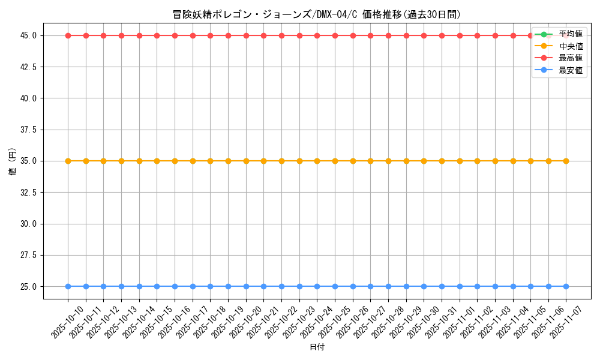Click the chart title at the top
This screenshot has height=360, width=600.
[x=316, y=14]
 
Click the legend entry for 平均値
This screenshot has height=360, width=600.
[x=570, y=34]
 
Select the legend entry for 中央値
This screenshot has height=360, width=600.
[x=570, y=46]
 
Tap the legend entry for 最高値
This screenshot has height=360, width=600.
[x=570, y=58]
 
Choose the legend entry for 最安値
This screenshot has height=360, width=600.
[x=570, y=70]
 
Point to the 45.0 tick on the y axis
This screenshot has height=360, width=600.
[x=28, y=35]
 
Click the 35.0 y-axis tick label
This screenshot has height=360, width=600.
[x=28, y=161]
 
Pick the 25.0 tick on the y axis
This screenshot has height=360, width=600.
[x=28, y=286]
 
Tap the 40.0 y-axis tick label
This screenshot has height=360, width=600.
[x=28, y=98]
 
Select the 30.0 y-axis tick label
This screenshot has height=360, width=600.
[x=28, y=224]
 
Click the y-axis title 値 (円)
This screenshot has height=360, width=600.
[x=11, y=161]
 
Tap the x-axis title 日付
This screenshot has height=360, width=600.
[x=317, y=347]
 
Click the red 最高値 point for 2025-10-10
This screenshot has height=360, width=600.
[x=68, y=35]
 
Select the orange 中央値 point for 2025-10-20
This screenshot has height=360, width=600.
[x=246, y=161]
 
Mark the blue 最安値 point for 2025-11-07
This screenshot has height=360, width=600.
[x=566, y=286]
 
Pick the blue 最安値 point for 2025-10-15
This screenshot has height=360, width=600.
[x=157, y=286]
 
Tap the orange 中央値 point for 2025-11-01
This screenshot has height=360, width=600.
[x=460, y=161]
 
